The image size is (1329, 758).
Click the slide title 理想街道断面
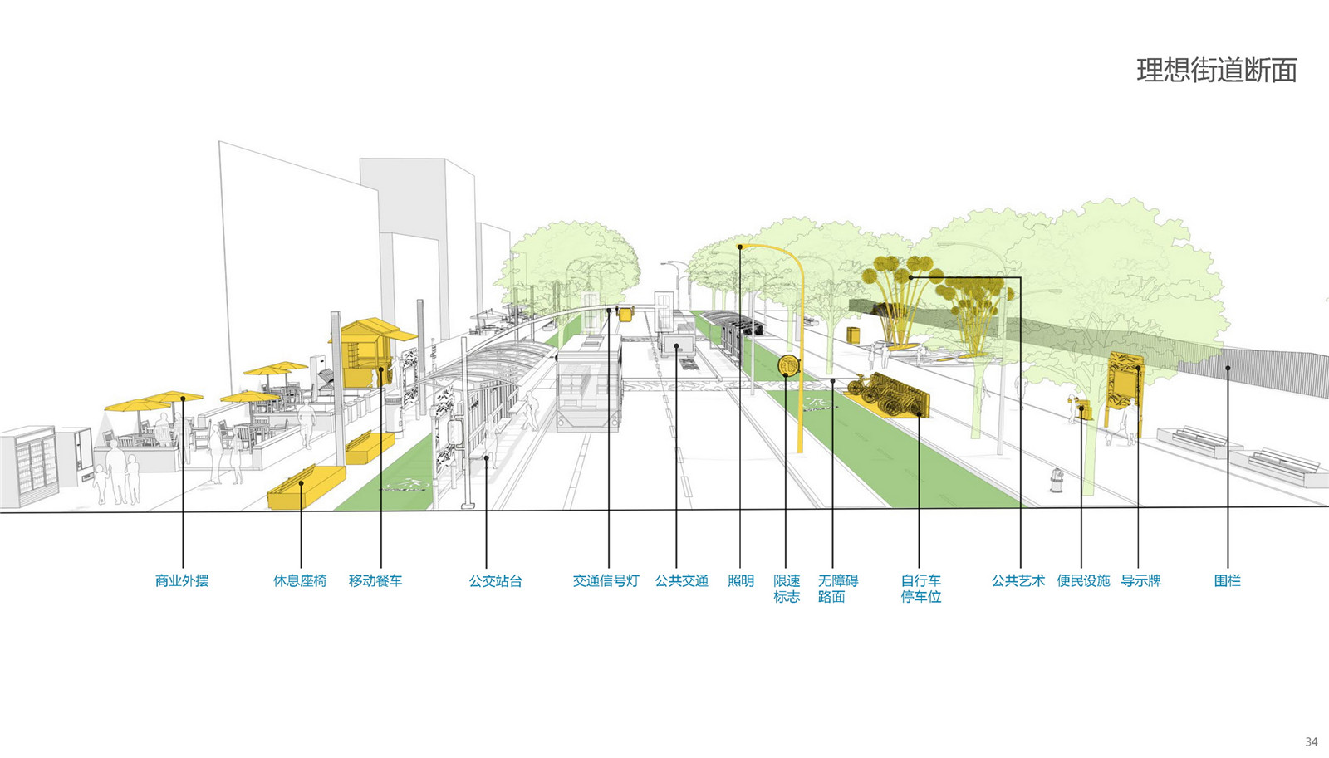1216,71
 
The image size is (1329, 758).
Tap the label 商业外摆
182,581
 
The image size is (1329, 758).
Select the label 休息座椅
300,581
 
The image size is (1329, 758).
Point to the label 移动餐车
375,581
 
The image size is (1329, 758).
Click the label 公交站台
495,581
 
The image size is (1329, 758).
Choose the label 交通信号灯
606,581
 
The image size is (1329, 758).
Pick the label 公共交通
681,581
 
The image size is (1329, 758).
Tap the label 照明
740,581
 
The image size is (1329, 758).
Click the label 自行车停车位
920,589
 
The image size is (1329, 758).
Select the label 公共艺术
1018,581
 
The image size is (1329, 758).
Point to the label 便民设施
1083,581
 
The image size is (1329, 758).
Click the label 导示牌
1140,581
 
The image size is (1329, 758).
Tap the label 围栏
1227,581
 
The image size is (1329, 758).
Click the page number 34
1311,741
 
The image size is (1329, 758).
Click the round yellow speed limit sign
787,364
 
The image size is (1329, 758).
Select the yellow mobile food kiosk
365,353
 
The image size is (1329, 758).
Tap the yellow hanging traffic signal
625,313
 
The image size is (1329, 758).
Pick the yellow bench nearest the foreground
305,487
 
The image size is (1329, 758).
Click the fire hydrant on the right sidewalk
1056,480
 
